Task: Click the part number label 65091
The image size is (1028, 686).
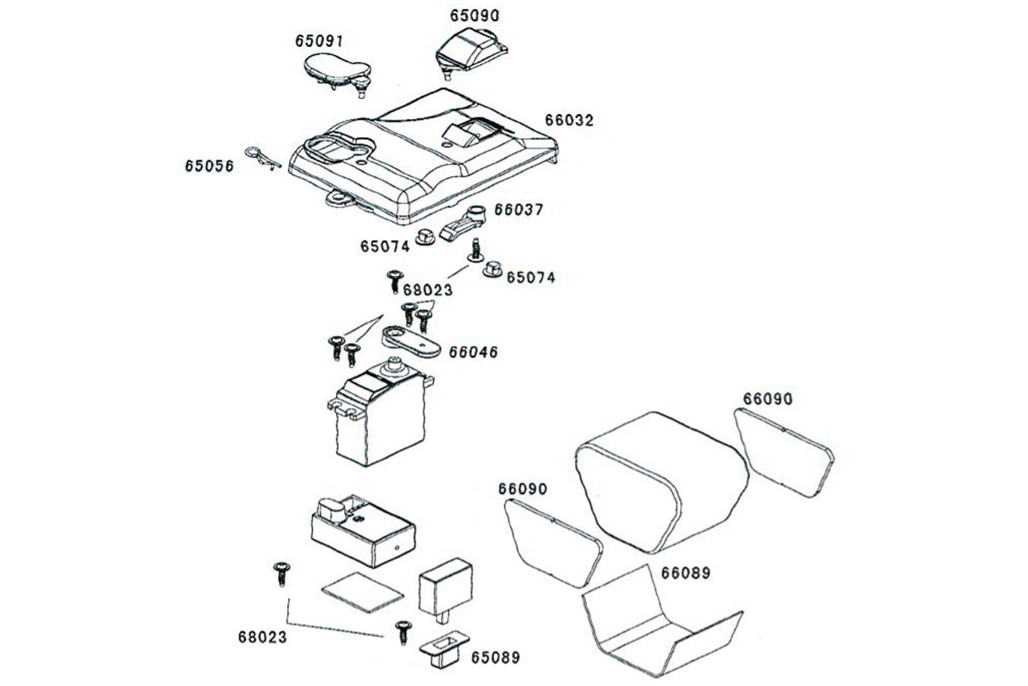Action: pyautogui.click(x=319, y=41)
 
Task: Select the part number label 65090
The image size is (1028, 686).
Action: pyautogui.click(x=474, y=15)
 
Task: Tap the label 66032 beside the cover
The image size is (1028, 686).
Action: pyautogui.click(x=570, y=120)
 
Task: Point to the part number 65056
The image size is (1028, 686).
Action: pyautogui.click(x=209, y=166)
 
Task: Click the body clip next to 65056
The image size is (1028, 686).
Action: pyautogui.click(x=262, y=157)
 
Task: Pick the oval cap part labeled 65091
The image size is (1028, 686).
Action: pyautogui.click(x=337, y=73)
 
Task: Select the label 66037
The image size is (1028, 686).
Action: pyautogui.click(x=519, y=210)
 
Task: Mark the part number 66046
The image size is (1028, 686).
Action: pyautogui.click(x=473, y=352)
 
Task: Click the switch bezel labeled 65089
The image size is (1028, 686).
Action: pyautogui.click(x=444, y=649)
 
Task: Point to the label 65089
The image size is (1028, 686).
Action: pyautogui.click(x=496, y=658)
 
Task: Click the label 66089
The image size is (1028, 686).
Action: pyautogui.click(x=685, y=573)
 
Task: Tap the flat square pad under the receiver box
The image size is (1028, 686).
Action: pyautogui.click(x=362, y=592)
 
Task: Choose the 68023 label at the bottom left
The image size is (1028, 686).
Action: pyautogui.click(x=263, y=637)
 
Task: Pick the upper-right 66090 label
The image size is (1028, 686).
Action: pyautogui.click(x=768, y=399)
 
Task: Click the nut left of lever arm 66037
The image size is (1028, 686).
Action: pyautogui.click(x=425, y=238)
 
